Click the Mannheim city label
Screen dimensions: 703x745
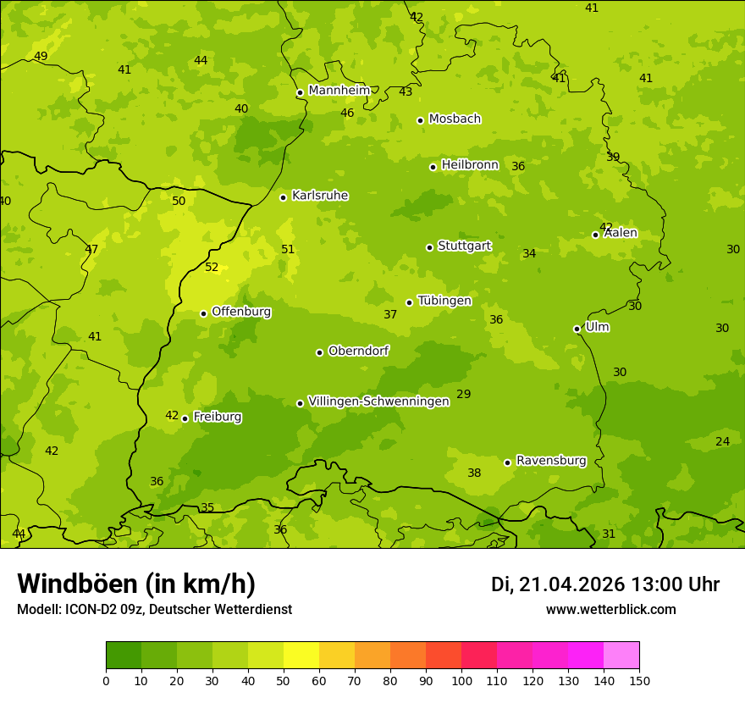339,91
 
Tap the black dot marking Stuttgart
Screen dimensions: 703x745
429,247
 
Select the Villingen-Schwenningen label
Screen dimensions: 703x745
378,401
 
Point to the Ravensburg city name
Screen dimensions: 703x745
550,461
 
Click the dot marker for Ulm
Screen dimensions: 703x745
577,329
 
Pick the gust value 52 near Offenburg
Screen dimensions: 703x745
212,268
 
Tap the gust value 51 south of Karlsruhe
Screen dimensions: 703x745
288,250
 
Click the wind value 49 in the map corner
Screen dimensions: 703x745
41,57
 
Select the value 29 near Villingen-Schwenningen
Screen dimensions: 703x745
463,395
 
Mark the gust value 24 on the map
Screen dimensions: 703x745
722,442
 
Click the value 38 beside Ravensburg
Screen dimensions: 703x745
474,473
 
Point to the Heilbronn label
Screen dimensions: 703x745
470,165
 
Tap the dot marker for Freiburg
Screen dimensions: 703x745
185,418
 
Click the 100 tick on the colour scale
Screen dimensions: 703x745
461,680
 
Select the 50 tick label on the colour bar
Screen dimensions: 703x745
284,680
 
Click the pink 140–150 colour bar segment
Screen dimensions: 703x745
621,656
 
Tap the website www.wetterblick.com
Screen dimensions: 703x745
610,610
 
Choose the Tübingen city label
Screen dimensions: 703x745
444,302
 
